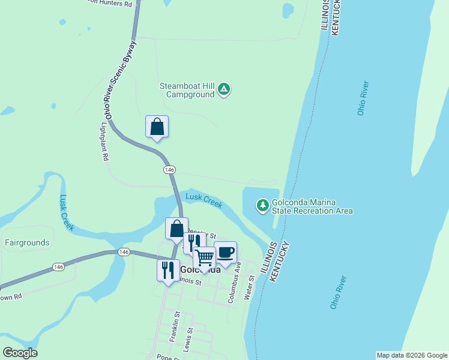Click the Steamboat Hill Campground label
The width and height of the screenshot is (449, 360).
coord(187,90)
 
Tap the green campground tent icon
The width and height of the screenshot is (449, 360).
coord(224,89)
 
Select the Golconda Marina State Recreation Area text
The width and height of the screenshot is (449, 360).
coord(312,206)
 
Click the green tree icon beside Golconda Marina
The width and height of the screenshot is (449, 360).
coord(262,205)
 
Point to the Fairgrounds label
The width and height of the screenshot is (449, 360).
coord(27,243)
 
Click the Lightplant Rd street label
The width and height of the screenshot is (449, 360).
coord(104,142)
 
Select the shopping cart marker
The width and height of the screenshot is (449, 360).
coord(204,257)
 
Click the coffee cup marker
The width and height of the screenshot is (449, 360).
coord(226,252)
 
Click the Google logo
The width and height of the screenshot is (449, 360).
coord(20,353)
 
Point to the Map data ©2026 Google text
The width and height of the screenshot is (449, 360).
coord(412,355)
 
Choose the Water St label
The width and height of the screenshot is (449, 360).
coord(247,289)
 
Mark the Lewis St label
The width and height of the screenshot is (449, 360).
coord(188,339)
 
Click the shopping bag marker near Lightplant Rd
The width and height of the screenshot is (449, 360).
coord(157,127)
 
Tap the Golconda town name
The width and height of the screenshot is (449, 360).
coord(200,270)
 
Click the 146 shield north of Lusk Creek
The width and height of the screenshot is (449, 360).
coord(169,170)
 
